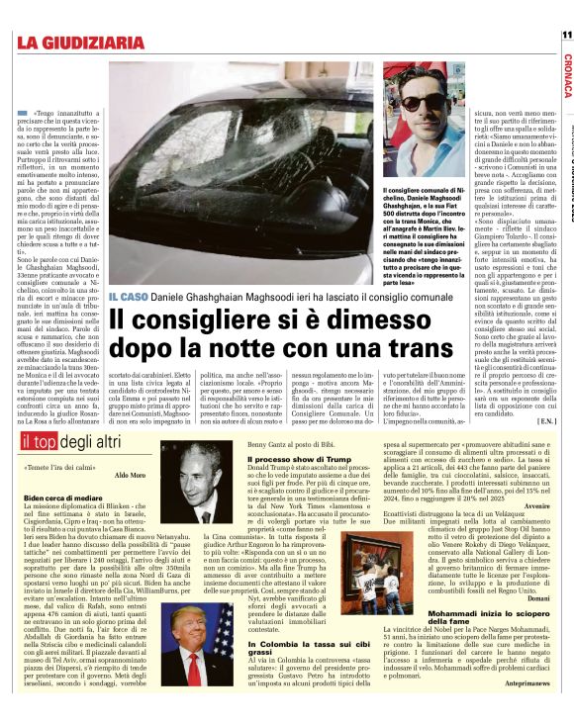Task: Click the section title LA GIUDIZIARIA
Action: (80, 42)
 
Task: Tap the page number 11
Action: (566, 33)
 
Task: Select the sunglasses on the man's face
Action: (407, 101)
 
